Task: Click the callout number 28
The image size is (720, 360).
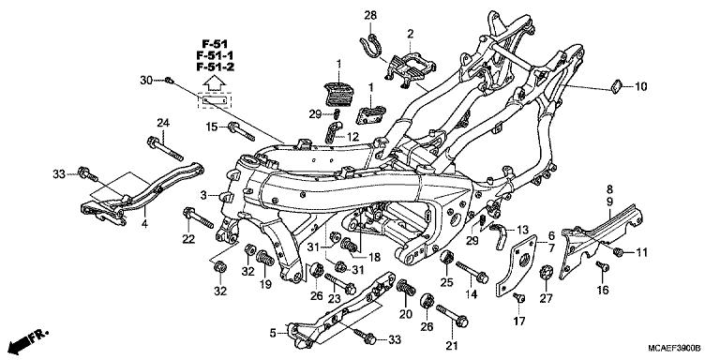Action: pos(369,16)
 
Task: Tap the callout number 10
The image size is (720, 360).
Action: pos(640,87)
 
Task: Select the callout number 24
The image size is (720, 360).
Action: pos(162,124)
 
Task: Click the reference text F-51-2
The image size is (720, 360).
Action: pos(215,68)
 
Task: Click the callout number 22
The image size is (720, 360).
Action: pos(187,240)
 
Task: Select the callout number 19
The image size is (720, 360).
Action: pos(265,284)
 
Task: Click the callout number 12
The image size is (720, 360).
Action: pos(352,137)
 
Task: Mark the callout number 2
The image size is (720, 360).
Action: pos(409,34)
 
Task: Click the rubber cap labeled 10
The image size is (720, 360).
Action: pos(614,87)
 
